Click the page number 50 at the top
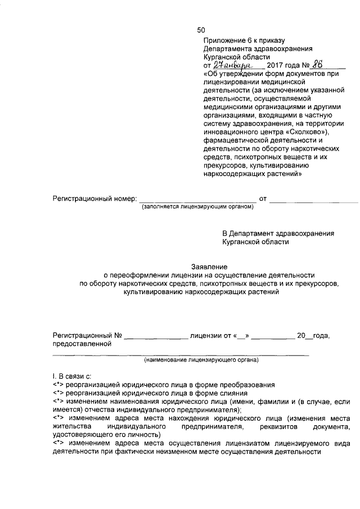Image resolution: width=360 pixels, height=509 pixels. point(201,30)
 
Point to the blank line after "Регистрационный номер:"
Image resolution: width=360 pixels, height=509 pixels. point(197,200)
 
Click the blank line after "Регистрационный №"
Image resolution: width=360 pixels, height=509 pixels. point(156,337)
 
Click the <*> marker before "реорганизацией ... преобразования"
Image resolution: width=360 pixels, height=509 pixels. point(58,385)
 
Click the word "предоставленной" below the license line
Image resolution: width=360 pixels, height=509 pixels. point(80,344)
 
